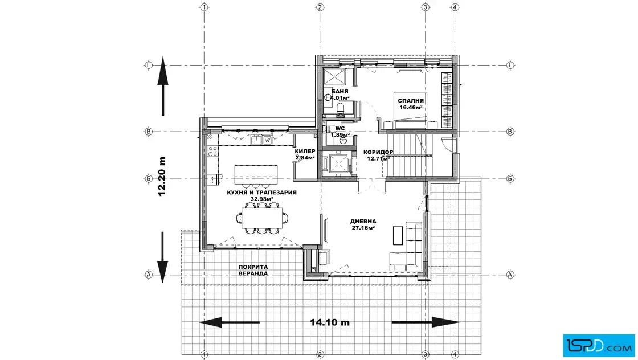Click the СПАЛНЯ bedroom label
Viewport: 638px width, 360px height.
coord(411,100)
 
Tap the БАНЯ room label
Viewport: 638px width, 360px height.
coord(340,92)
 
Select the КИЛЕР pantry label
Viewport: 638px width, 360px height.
coord(305,152)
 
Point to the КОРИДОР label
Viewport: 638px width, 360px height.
coord(378,152)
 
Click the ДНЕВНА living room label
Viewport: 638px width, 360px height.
coord(363,221)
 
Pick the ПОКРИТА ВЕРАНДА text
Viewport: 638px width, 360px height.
coord(253,270)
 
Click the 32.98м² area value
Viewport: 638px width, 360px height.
coord(261,199)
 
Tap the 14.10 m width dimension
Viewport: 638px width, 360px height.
coord(330,322)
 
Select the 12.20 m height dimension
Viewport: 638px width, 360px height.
coord(162,176)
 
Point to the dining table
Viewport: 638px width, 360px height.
coord(262,218)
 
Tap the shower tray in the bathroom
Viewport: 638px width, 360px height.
coord(334,76)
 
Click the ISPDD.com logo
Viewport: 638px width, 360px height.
coord(599,346)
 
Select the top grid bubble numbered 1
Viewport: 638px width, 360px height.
coord(205,7)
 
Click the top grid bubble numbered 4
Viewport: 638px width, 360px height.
coord(455,7)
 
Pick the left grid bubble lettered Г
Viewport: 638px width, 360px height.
coord(149,65)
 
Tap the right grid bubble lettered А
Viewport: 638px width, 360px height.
coord(510,275)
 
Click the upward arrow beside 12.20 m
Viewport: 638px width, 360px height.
coord(163,86)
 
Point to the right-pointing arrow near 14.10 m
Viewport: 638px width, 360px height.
coord(426,322)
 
